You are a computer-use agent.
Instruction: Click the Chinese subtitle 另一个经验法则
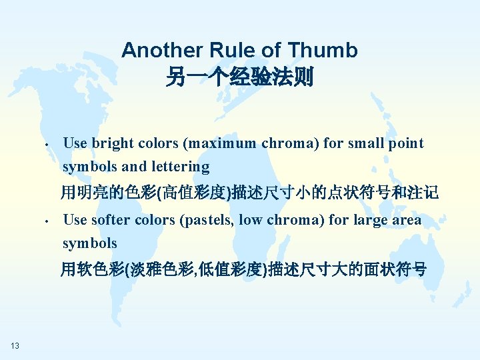click(x=239, y=78)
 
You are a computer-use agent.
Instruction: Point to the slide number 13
click(x=15, y=345)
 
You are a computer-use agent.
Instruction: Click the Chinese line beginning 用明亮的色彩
click(x=249, y=193)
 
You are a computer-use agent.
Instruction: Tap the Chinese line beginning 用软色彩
click(x=243, y=270)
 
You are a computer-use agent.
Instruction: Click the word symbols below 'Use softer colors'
click(x=90, y=243)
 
